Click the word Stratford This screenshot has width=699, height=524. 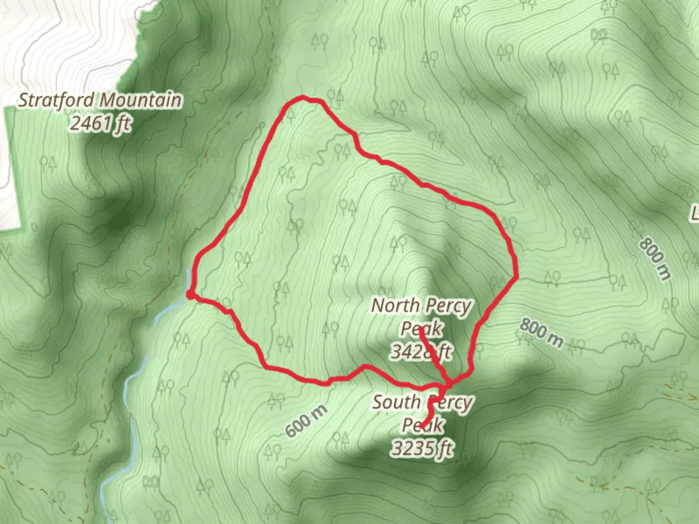[56, 100]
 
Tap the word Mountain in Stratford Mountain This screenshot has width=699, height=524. [141, 100]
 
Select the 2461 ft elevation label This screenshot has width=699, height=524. [100, 124]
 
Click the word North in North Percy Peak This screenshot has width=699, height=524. [396, 306]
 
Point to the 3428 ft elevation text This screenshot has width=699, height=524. [421, 351]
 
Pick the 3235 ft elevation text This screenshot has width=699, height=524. [422, 449]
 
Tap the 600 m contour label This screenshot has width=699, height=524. [306, 421]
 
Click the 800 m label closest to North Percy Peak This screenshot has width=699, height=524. [542, 333]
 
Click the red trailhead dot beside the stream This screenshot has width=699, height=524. [190, 295]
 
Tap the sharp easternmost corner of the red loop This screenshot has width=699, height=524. [517, 277]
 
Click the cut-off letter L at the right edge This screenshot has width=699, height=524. [695, 213]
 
